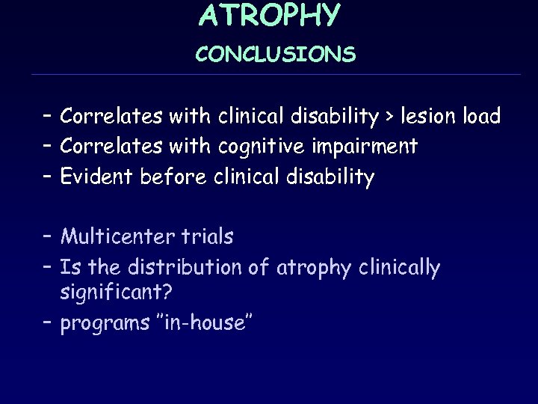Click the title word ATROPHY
(270, 15)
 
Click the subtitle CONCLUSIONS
(276, 55)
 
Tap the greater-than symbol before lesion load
(389, 117)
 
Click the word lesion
(430, 117)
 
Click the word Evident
(96, 177)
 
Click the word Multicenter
(118, 237)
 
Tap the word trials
(207, 237)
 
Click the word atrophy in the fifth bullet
(313, 267)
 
